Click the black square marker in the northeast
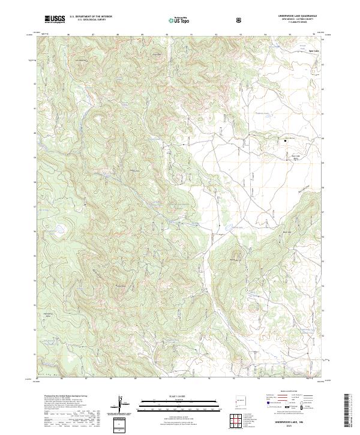coord(284,140)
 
